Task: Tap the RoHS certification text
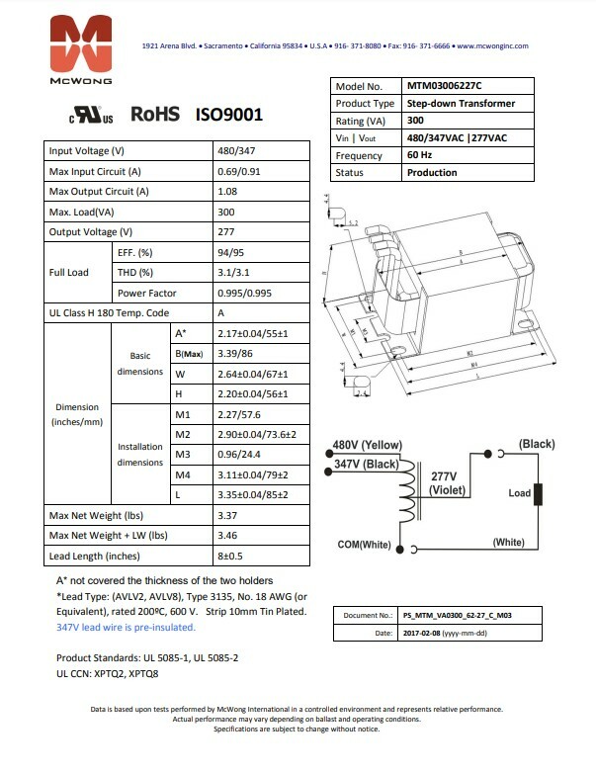(155, 115)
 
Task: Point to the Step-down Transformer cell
(460, 104)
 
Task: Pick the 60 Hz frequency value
(420, 156)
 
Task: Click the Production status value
(432, 173)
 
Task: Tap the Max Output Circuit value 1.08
(228, 191)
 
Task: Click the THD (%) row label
(135, 273)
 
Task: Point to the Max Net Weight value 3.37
(228, 516)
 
